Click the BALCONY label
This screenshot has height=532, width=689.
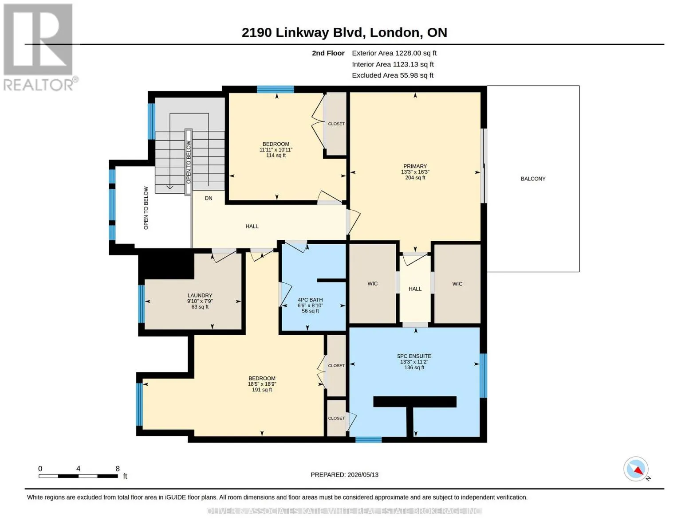(x=533, y=179)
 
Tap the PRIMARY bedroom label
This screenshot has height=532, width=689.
(x=415, y=166)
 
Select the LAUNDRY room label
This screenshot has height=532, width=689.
(x=200, y=295)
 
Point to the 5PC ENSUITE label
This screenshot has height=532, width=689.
(x=414, y=356)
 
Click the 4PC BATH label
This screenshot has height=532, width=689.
(x=310, y=300)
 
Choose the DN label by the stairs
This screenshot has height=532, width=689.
(x=209, y=198)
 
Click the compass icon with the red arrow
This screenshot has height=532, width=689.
(x=636, y=469)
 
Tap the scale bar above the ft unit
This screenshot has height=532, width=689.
(x=78, y=476)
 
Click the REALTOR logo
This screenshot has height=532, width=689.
(x=39, y=47)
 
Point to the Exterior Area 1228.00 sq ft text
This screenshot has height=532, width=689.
(x=394, y=53)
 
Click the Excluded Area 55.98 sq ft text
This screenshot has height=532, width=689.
(x=393, y=75)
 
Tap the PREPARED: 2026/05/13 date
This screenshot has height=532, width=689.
(x=344, y=475)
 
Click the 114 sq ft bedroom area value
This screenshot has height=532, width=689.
(x=276, y=156)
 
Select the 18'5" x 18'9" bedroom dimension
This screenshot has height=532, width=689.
(x=262, y=384)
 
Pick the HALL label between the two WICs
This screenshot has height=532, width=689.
(x=415, y=289)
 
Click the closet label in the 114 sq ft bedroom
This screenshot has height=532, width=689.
(x=336, y=124)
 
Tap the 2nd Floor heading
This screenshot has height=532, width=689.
(x=328, y=53)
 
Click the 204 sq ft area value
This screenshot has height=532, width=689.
(x=415, y=178)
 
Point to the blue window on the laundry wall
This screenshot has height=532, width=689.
(x=142, y=304)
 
